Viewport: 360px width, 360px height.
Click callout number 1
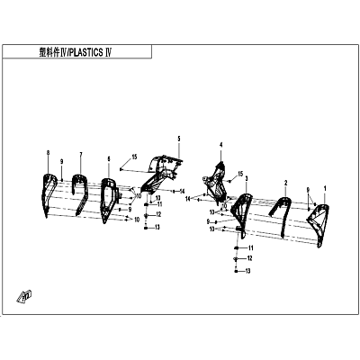pos(325,189)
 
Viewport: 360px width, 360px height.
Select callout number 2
pos(286,183)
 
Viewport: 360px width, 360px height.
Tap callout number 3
pos(247,178)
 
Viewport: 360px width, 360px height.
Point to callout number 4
pos(221,145)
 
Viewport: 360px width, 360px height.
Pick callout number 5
pos(179,139)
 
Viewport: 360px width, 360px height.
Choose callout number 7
pos(81,155)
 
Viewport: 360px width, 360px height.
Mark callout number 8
pos(48,153)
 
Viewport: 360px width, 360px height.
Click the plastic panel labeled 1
pos(318,222)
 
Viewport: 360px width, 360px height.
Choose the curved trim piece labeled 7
pos(80,192)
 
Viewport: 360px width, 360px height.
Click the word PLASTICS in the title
pos(86,52)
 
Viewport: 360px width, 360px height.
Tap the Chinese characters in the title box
pos(49,52)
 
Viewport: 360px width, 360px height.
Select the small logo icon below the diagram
pos(24,296)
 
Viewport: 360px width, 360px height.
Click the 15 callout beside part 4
pos(240,174)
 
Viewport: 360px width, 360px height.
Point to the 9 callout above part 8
pos(61,161)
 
